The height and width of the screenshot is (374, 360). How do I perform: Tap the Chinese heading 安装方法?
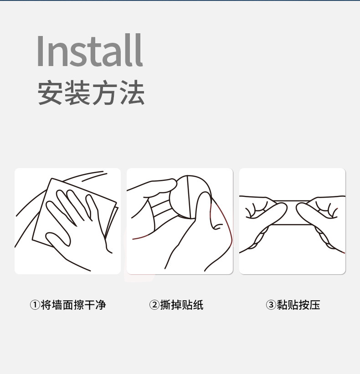click(91, 93)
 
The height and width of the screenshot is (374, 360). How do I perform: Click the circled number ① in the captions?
click(35, 305)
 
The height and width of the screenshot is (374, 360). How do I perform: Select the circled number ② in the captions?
click(154, 305)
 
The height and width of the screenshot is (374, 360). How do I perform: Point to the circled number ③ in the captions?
click(271, 305)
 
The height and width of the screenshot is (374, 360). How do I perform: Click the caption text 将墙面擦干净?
click(73, 305)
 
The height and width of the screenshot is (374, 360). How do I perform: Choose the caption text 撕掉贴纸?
click(182, 305)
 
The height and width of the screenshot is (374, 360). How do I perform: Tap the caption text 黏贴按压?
click(298, 305)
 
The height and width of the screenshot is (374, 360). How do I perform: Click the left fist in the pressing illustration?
click(264, 214)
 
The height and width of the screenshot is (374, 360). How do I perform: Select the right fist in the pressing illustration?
click(319, 214)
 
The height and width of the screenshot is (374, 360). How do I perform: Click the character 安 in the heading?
click(51, 93)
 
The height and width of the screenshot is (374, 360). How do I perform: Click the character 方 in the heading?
click(104, 93)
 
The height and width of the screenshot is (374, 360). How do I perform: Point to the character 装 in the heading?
click(77, 93)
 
